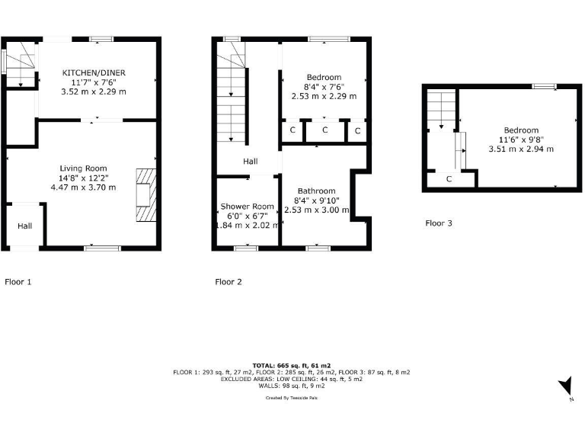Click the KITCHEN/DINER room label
click(94, 72)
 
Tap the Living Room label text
click(84, 168)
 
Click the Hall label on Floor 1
click(25, 226)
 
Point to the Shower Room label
click(247, 207)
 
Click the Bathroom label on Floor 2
click(316, 191)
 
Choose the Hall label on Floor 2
click(251, 162)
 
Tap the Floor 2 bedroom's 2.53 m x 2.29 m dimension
click(324, 97)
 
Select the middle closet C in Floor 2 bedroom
click(324, 130)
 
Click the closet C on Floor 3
click(449, 179)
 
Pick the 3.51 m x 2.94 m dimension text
click(520, 149)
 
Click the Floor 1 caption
click(18, 282)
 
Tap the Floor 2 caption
click(229, 282)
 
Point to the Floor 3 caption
click(438, 223)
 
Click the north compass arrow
click(565, 387)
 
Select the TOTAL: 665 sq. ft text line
click(292, 365)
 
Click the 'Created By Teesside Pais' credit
click(292, 398)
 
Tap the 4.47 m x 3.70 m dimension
click(84, 187)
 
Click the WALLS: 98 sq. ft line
click(292, 386)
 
